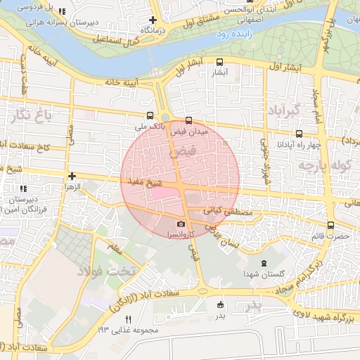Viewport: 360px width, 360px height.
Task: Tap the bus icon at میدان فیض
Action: tap(188, 120)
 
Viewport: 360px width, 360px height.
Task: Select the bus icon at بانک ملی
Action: tap(149, 115)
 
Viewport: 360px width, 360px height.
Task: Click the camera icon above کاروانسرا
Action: tap(181, 224)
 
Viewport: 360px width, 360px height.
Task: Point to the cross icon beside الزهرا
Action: tap(72, 176)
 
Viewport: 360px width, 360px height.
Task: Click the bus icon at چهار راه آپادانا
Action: tap(300, 133)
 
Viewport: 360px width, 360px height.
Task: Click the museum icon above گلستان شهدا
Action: tap(263, 263)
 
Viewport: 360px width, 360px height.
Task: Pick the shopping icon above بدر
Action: tap(221, 304)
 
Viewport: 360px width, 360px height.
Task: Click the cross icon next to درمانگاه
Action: tap(153, 20)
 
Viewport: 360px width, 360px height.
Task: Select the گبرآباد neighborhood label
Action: tap(283, 110)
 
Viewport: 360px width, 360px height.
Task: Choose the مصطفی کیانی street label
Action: tap(222, 209)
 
